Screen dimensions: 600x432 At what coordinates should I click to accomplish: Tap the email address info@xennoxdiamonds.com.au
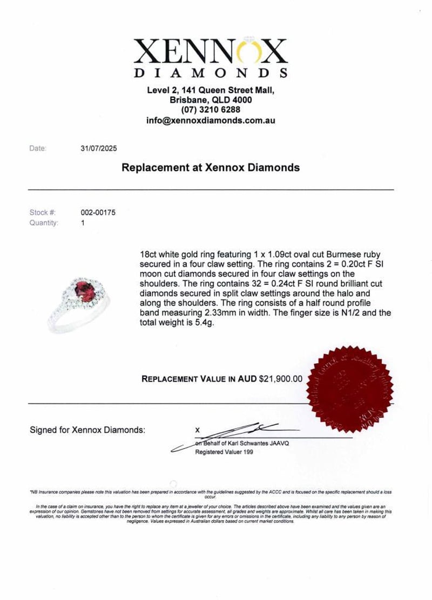pyautogui.click(x=211, y=121)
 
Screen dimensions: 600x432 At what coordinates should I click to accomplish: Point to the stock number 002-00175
pyautogui.click(x=97, y=213)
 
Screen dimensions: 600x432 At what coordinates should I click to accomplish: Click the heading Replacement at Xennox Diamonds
pyautogui.click(x=211, y=168)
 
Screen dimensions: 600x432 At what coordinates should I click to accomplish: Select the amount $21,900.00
pyautogui.click(x=281, y=379)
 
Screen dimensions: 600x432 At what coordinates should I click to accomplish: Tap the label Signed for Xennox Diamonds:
pyautogui.click(x=87, y=430)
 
